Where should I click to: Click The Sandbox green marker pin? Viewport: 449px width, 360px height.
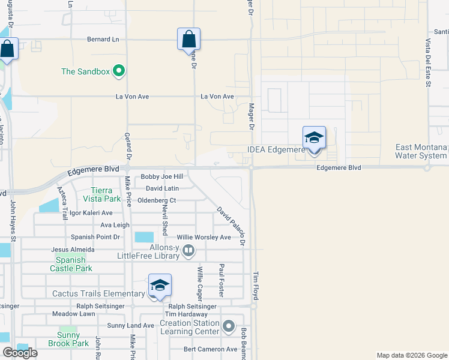119,71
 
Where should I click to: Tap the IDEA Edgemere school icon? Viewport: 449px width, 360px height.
314,138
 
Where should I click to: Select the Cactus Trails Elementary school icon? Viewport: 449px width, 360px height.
160,286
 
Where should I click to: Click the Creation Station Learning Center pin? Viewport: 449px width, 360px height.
228,327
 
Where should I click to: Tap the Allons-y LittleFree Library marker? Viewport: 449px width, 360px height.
188,250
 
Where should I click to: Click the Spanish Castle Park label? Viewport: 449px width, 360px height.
74,264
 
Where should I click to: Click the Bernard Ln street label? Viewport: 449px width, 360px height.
103,40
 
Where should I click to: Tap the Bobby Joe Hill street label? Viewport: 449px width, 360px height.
161,177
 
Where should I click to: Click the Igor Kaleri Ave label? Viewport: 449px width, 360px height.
91,213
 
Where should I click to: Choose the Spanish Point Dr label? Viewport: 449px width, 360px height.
95,238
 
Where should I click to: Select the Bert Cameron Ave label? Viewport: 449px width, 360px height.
211,349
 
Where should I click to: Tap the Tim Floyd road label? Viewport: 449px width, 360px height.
256,285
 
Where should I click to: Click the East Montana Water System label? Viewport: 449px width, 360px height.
421,152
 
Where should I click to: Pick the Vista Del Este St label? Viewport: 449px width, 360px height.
429,63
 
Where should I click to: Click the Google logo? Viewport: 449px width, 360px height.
20,353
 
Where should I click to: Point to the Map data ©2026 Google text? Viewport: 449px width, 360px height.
411,355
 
